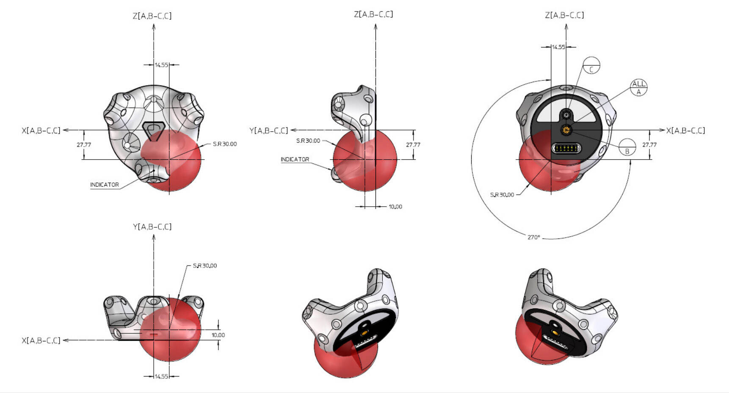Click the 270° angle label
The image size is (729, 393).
(x=534, y=237)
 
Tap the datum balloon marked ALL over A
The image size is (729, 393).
(x=639, y=88)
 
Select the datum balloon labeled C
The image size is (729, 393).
(x=591, y=65)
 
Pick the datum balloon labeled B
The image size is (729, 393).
(x=627, y=147)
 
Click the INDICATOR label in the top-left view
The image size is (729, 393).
(x=105, y=185)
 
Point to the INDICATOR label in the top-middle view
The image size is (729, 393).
(x=295, y=159)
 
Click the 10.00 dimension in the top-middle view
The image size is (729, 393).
(x=395, y=207)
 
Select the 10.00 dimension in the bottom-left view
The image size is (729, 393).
(x=218, y=335)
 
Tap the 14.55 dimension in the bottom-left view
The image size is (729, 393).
(x=161, y=376)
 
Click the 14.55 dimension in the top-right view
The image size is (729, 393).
(x=558, y=47)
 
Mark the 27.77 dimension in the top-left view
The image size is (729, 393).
(x=84, y=145)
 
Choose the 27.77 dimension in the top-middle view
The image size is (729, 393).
(x=413, y=145)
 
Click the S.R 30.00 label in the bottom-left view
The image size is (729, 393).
(x=205, y=266)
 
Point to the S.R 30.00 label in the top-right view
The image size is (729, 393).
(x=502, y=195)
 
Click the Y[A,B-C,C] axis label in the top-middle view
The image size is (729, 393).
(x=268, y=130)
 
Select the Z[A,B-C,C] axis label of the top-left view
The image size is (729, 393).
(x=152, y=16)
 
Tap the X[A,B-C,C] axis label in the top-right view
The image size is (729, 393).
(x=686, y=130)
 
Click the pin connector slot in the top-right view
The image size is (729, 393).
(x=566, y=149)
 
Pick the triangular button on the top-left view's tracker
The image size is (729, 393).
(x=154, y=129)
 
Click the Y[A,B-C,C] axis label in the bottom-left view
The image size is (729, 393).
(x=152, y=227)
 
